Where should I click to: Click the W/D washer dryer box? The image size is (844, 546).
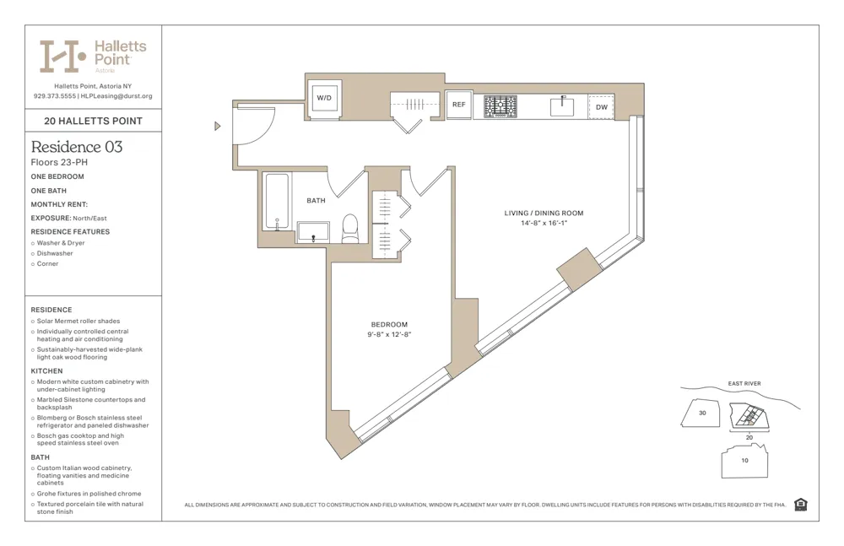pos(324,98)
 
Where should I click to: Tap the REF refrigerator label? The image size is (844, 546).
pos(458,105)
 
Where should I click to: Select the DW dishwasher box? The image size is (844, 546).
pos(601,107)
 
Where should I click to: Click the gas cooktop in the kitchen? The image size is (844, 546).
pos(500,106)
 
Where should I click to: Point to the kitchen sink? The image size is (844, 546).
pos(562,106)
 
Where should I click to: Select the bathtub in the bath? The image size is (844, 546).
pos(276,202)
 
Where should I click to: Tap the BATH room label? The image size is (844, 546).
pos(316,201)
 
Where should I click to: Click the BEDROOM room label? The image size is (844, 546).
pos(389,325)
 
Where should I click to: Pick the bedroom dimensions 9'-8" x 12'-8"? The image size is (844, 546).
pos(389,335)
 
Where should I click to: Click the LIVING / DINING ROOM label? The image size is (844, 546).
pos(544,214)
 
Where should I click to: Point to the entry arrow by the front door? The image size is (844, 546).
pos(217,127)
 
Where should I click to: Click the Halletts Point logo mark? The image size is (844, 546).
pos(63,56)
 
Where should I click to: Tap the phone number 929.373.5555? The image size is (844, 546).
pos(54,96)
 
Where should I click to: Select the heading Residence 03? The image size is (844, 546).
pos(77,147)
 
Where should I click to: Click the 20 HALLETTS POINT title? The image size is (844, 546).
pos(93,121)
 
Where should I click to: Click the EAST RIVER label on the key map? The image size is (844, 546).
pos(744,384)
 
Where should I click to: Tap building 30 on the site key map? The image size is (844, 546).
pos(702,413)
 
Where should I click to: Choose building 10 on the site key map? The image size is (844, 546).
pos(744,461)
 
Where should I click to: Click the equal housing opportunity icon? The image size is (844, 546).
pos(800,505)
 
